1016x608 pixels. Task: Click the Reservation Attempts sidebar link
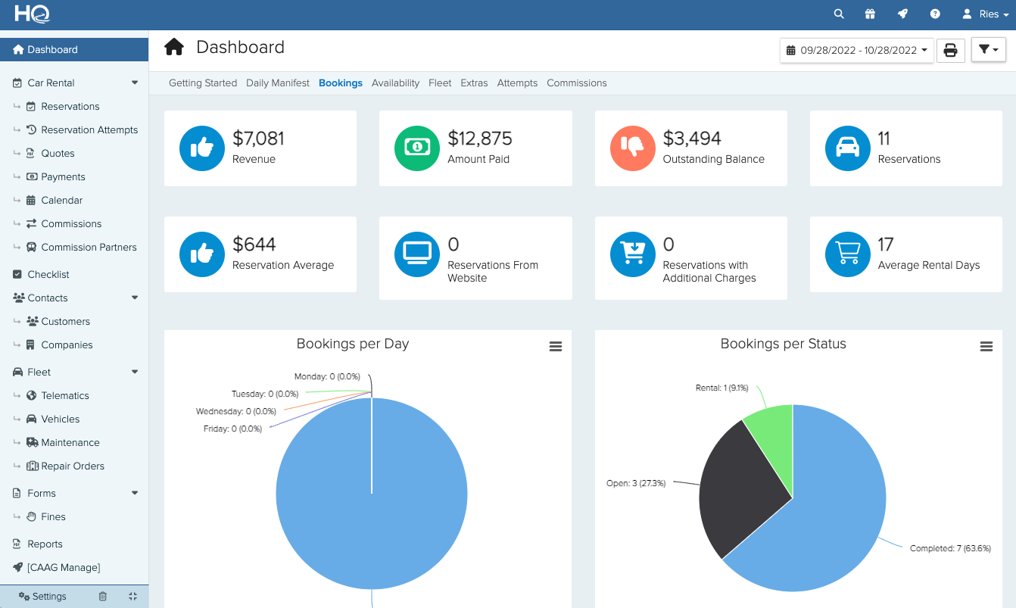coord(89,129)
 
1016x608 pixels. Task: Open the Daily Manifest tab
coord(277,83)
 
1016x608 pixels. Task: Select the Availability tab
coord(395,83)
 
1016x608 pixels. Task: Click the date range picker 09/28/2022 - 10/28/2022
coord(856,51)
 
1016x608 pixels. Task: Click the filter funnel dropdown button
coord(988,50)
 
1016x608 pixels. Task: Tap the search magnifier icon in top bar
coord(838,14)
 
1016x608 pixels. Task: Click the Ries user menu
coord(985,14)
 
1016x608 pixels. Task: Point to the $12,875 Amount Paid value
coord(479,139)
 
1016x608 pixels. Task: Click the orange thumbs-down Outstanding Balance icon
coord(631,148)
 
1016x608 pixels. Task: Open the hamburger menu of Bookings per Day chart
coord(555,347)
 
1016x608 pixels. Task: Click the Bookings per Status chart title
coord(783,344)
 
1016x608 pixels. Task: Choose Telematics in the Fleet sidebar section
coord(64,395)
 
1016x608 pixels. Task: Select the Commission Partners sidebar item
coord(89,247)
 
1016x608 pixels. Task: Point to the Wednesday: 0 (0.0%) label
coord(235,411)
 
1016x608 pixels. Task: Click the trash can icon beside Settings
coord(103,596)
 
